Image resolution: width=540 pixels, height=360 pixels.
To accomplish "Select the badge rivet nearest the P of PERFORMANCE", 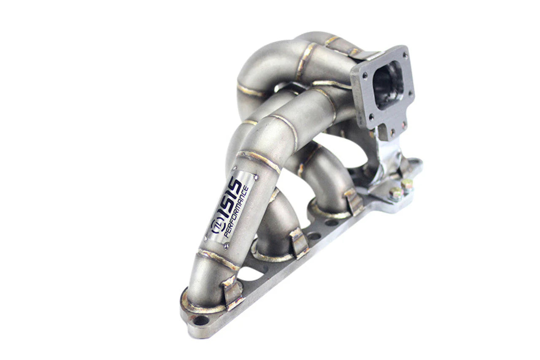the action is [226, 246].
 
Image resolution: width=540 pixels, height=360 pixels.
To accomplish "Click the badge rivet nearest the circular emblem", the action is [205, 239].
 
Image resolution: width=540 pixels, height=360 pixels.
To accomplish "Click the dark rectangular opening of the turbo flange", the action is [388, 84].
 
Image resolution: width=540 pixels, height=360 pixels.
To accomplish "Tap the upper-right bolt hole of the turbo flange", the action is [405, 55].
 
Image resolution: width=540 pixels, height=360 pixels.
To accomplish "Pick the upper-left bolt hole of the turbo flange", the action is [365, 76].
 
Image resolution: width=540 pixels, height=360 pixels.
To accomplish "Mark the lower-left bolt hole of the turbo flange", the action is [372, 117].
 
